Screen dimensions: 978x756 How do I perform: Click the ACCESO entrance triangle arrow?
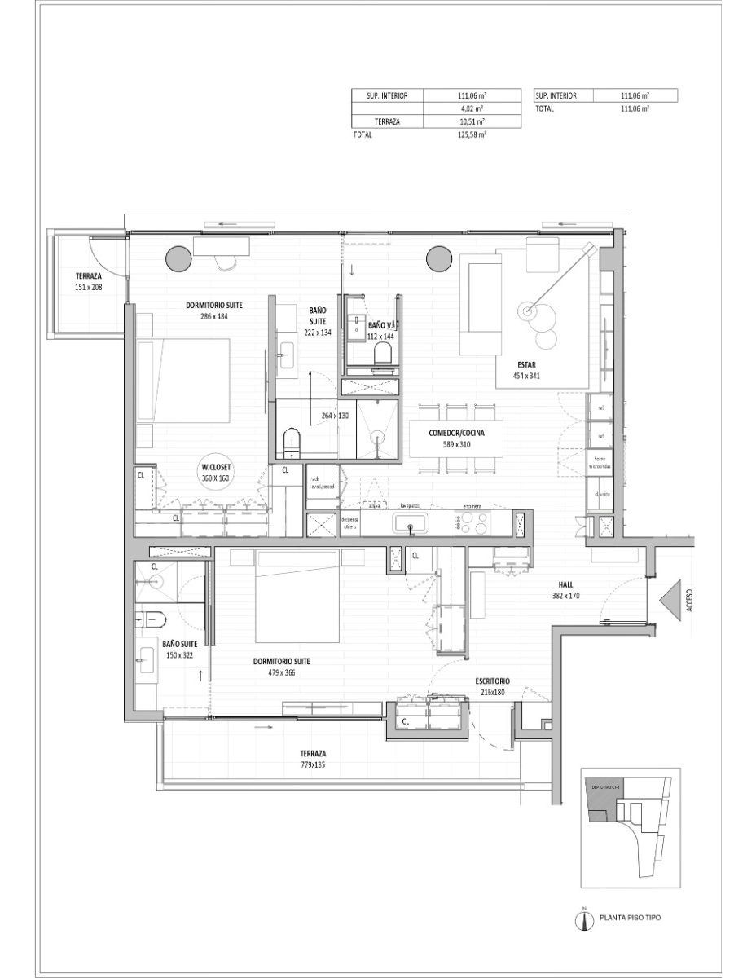click(x=671, y=603)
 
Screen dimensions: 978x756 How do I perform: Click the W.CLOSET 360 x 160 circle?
click(x=216, y=473)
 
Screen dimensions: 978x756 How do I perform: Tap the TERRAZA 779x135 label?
click(x=313, y=759)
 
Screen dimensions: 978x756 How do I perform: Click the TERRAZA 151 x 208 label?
click(x=88, y=282)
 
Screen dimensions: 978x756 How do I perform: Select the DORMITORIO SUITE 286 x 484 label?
click(x=214, y=311)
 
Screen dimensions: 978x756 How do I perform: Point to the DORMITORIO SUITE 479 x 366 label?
click(x=281, y=667)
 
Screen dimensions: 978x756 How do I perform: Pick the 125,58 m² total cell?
click(x=472, y=135)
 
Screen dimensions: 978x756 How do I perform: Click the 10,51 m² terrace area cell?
click(x=472, y=121)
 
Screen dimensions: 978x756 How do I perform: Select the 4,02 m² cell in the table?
click(x=472, y=108)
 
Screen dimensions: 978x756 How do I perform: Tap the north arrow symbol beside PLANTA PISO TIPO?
click(x=584, y=919)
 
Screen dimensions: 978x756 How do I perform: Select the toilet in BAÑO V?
click(x=381, y=353)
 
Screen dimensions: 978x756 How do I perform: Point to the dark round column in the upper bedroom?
click(x=179, y=258)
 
